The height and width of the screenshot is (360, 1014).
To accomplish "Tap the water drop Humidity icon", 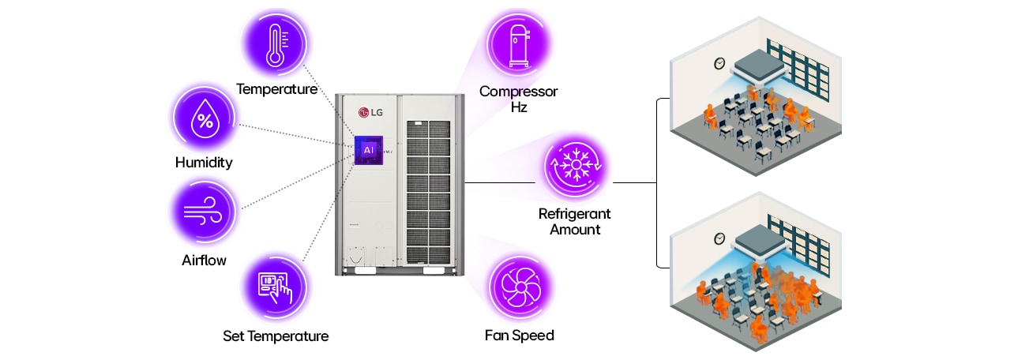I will [205, 120].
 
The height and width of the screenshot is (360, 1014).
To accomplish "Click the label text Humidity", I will [204, 163].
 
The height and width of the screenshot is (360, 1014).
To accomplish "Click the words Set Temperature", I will [275, 336].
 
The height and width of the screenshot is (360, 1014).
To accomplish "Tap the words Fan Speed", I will [519, 336].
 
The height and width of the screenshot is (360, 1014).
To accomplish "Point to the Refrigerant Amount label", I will [575, 222].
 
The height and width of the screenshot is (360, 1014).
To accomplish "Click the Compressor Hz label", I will [518, 99].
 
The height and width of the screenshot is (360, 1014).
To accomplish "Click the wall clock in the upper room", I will [719, 64].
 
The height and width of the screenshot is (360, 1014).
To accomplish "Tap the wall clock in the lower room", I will [719, 238].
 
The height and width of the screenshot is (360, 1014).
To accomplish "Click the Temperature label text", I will [276, 89].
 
